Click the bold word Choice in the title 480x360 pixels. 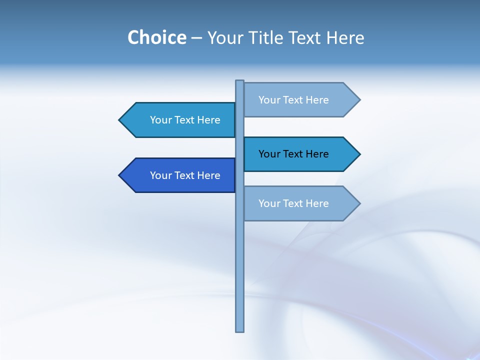pyautogui.click(x=156, y=37)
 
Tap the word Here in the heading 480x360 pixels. pyautogui.click(x=345, y=37)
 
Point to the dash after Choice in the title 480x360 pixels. pyautogui.click(x=196, y=38)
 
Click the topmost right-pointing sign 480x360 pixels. pyautogui.click(x=300, y=100)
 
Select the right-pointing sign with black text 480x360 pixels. pyautogui.click(x=300, y=154)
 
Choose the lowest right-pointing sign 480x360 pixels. pyautogui.click(x=300, y=203)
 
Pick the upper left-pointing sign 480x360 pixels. pyautogui.click(x=180, y=120)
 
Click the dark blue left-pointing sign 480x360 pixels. pyautogui.click(x=180, y=175)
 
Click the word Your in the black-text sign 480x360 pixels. pyautogui.click(x=269, y=154)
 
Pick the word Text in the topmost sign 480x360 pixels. pyautogui.click(x=293, y=100)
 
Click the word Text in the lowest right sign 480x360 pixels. pyautogui.click(x=293, y=203)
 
